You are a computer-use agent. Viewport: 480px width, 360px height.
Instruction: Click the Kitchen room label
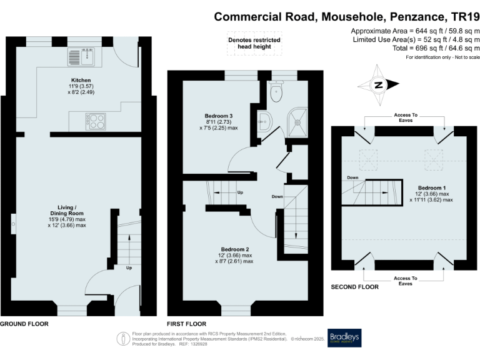[81, 81]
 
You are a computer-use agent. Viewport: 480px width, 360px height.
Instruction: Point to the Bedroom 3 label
[219, 116]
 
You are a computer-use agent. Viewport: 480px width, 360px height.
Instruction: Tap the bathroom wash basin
[262, 121]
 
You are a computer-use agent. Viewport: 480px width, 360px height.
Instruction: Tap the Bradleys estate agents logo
[344, 338]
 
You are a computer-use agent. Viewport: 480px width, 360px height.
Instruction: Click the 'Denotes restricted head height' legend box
[253, 43]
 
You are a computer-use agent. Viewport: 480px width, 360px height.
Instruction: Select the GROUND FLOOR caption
[24, 324]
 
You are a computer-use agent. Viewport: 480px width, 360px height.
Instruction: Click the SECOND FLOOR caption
[354, 287]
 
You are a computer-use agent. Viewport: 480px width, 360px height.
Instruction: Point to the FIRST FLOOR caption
[186, 324]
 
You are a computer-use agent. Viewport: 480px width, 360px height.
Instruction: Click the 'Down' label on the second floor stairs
[353, 177]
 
